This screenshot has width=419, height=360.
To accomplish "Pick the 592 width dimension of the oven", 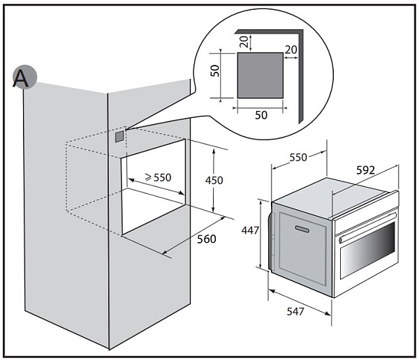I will pos(365,170).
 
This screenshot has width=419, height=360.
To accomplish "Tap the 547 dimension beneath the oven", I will pos(295,312).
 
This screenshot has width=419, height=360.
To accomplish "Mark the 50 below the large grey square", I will pos(260,115).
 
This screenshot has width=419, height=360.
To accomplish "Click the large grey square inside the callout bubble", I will pos(260,76).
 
